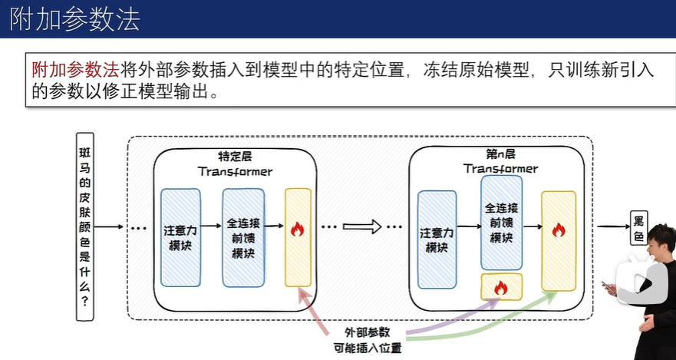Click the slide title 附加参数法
pos(75,19)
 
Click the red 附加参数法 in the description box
pos(75,70)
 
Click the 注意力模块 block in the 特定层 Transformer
pos(180,238)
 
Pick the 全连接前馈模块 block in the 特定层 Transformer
pos(243,238)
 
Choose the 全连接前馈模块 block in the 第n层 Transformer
pos(502,223)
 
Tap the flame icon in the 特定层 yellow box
pos(298,229)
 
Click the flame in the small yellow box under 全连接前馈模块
pos(501,288)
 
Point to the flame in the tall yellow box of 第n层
pos(558,230)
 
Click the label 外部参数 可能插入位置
pos(368,339)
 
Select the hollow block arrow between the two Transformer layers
pos(361,227)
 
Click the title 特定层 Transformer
pos(235,163)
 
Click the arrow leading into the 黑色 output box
pos(612,227)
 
